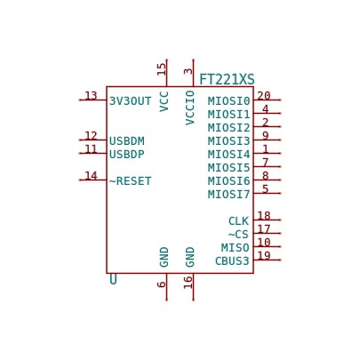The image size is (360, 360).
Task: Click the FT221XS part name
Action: pyautogui.click(x=227, y=80)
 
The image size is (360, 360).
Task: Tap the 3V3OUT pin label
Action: pyautogui.click(x=131, y=101)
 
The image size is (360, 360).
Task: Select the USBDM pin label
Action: pyautogui.click(x=127, y=141)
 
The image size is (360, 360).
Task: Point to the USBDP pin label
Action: pyautogui.click(x=127, y=155)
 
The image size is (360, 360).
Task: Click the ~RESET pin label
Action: pyautogui.click(x=131, y=181)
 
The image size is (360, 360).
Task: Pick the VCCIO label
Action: pyautogui.click(x=190, y=108)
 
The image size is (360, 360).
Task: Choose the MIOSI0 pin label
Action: pyautogui.click(x=229, y=101)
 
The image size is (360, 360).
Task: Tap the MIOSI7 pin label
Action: pyautogui.click(x=229, y=195)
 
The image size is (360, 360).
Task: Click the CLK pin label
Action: pyautogui.click(x=238, y=221)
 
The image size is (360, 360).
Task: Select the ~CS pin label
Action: pyautogui.click(x=238, y=235)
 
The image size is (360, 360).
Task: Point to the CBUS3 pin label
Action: pyautogui.click(x=232, y=261)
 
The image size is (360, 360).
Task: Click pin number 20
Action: pyautogui.click(x=264, y=96)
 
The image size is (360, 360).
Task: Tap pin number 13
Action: pyautogui.click(x=91, y=96)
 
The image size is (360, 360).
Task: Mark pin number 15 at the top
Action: pyautogui.click(x=162, y=69)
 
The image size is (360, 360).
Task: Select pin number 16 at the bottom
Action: pyautogui.click(x=188, y=283)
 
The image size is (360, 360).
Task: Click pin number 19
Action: pyautogui.click(x=264, y=255)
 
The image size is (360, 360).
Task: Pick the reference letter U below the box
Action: pyautogui.click(x=113, y=279)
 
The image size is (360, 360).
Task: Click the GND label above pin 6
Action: pyautogui.click(x=164, y=257)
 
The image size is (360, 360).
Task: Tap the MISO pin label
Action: pyautogui.click(x=236, y=248)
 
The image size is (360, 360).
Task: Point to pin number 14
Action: pyautogui.click(x=91, y=176)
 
